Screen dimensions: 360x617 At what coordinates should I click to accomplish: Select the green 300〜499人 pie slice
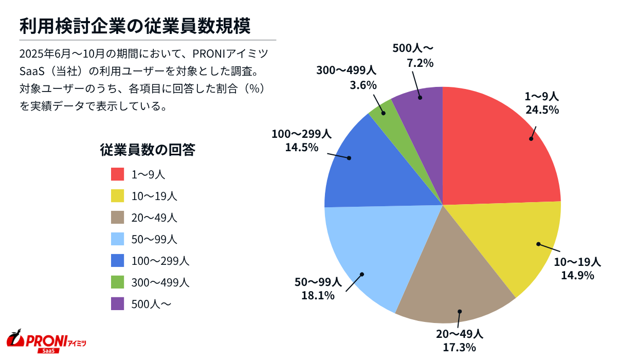tap(384, 111)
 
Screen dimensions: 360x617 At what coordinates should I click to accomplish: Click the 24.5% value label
tap(541, 109)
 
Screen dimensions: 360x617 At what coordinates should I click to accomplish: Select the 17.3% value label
tap(459, 347)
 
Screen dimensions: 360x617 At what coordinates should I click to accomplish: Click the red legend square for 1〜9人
tap(118, 174)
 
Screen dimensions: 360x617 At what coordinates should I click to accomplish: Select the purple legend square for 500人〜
tap(118, 304)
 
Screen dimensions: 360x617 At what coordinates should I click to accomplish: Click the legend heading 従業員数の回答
tap(147, 150)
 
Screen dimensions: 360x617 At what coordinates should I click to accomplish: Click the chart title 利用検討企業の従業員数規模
tap(135, 26)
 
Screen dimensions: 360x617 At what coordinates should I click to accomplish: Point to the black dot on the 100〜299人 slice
tap(349, 158)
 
